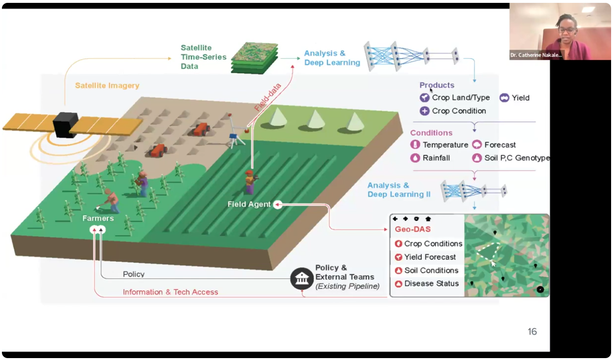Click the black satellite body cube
pyautogui.click(x=65, y=125)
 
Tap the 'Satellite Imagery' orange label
pyautogui.click(x=107, y=86)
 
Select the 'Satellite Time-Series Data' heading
pyautogui.click(x=196, y=57)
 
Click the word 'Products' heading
pyautogui.click(x=436, y=85)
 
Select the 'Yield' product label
pyautogui.click(x=521, y=98)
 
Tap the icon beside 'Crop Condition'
pyautogui.click(x=424, y=111)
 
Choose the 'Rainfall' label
pyautogui.click(x=436, y=158)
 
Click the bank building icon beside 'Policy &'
pyautogui.click(x=301, y=278)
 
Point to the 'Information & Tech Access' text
pyautogui.click(x=170, y=292)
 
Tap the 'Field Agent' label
pyautogui.click(x=248, y=204)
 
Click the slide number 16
pyautogui.click(x=532, y=331)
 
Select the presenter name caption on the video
pyautogui.click(x=536, y=55)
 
